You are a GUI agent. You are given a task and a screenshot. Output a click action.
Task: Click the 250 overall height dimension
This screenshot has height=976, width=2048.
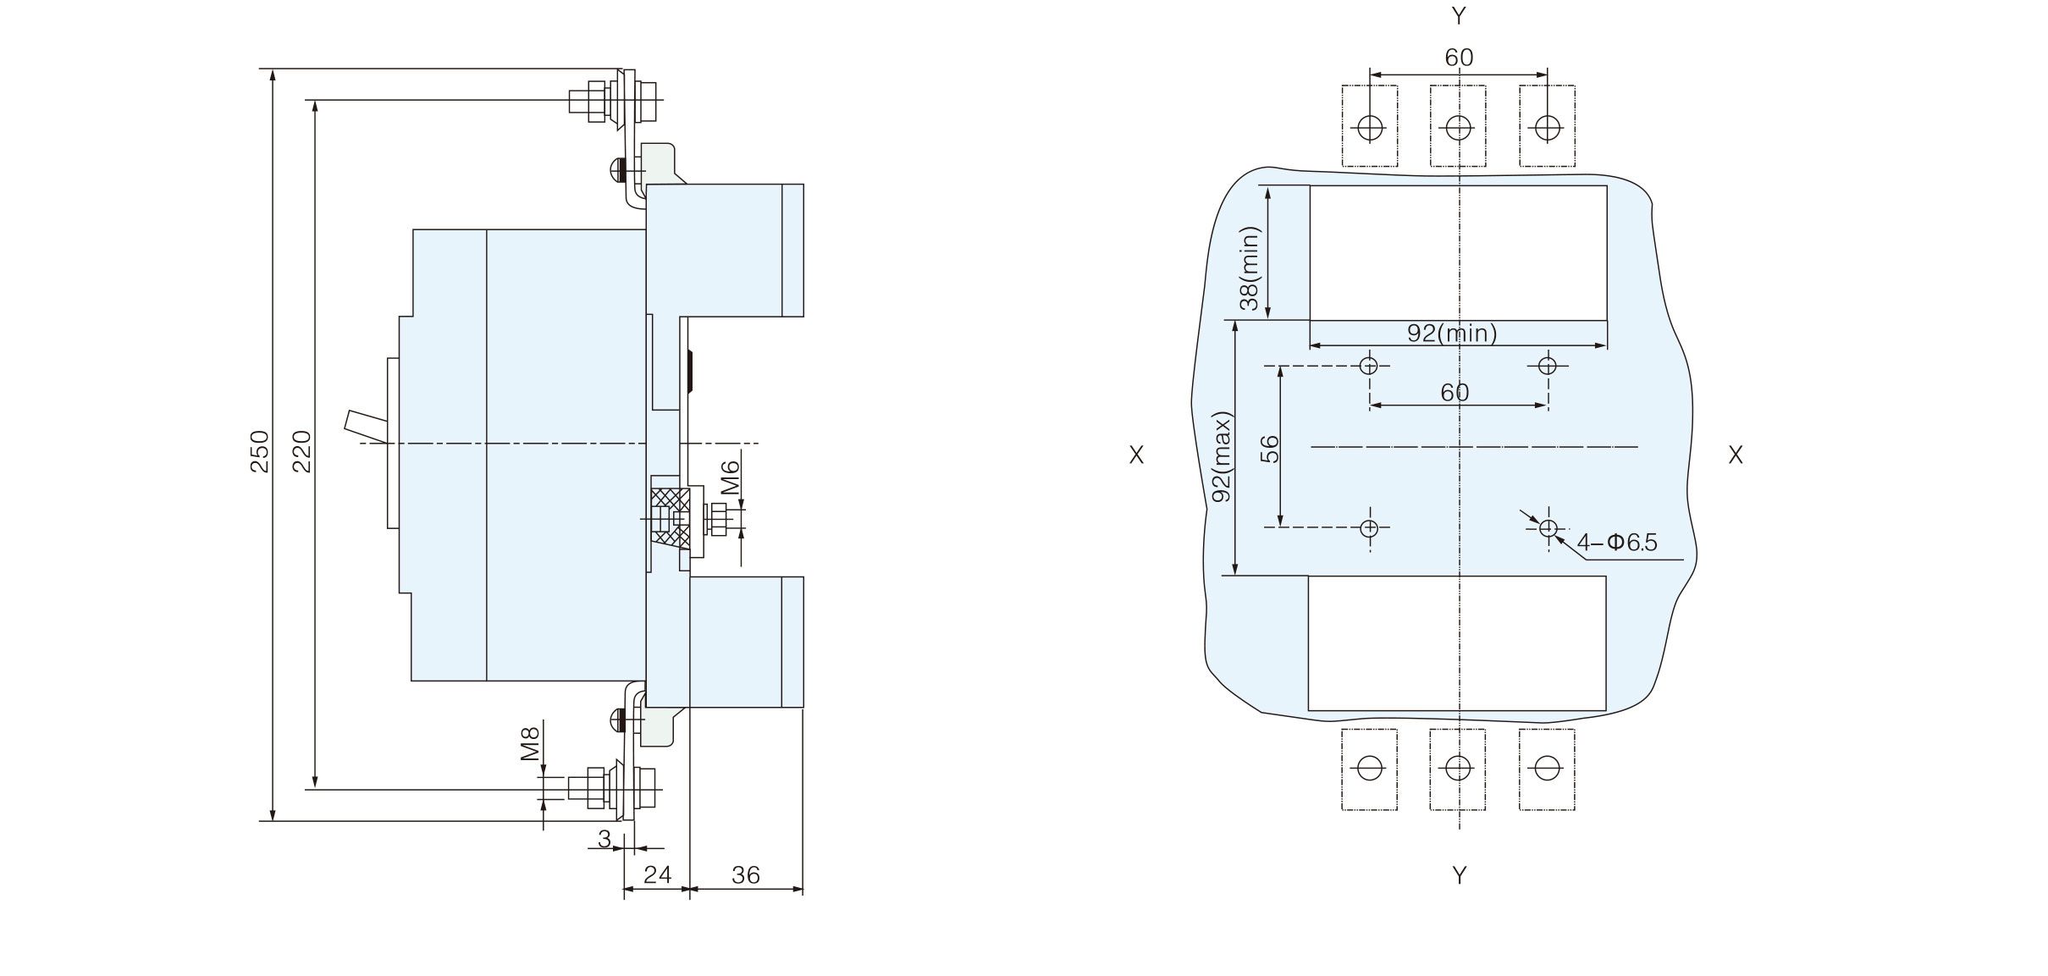(x=260, y=451)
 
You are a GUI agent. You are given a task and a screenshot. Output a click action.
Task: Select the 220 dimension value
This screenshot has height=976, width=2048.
(x=302, y=451)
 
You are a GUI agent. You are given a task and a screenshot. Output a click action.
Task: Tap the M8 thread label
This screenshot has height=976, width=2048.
(x=530, y=742)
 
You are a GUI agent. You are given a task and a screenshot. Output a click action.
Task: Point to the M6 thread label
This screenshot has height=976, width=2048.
(x=731, y=477)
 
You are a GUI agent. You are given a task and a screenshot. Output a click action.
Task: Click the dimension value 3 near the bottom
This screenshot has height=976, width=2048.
(x=604, y=839)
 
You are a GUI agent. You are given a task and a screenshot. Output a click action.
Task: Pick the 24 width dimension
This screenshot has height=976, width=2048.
(x=657, y=875)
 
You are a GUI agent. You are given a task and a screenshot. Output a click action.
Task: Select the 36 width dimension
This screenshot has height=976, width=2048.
(x=746, y=875)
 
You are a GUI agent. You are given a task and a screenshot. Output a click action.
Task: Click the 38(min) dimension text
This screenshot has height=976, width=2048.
(x=1250, y=268)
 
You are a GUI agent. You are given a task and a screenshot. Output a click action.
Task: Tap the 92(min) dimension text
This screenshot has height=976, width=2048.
(x=1452, y=334)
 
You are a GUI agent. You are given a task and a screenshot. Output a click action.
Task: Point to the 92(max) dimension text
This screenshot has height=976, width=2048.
(x=1221, y=457)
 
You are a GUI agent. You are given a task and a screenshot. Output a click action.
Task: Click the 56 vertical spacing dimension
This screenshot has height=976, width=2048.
(x=1270, y=449)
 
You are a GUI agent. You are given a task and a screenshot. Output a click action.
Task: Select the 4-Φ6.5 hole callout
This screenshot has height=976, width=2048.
(x=1617, y=543)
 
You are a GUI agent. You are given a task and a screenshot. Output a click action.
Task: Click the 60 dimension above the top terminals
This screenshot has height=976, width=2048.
(x=1459, y=58)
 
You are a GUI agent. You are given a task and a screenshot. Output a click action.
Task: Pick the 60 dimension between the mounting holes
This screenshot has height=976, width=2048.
(x=1455, y=393)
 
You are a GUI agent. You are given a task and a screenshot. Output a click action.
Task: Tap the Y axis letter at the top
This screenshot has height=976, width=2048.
(x=1459, y=15)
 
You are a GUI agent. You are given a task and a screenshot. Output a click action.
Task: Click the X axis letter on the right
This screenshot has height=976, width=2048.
(x=1735, y=455)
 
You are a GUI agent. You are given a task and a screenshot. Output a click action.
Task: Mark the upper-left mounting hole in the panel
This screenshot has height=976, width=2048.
(x=1369, y=366)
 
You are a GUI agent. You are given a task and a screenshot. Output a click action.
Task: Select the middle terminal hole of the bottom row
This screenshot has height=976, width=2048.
(x=1458, y=768)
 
